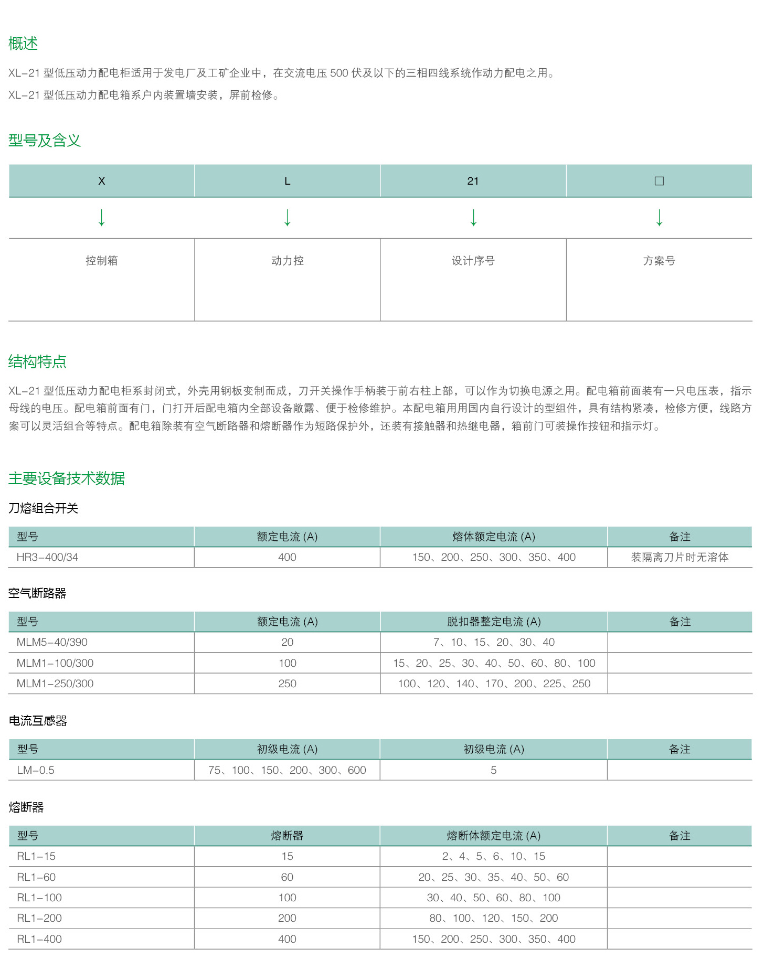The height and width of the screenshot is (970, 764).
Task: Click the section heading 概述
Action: [23, 44]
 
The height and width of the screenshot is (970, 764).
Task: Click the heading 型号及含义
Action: [45, 141]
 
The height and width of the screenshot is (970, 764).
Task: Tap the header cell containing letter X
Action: [102, 181]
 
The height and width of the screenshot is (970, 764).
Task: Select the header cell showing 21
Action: [473, 181]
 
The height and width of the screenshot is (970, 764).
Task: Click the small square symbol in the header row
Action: [659, 181]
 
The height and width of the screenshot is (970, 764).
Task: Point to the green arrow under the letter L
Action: [288, 217]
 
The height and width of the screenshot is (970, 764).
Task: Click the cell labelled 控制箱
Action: [102, 261]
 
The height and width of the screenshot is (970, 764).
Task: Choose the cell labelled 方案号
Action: [659, 261]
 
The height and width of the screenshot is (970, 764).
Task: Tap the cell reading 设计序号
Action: [473, 261]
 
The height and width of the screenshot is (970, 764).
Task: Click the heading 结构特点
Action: [37, 361]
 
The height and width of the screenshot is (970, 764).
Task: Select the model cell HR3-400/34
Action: [47, 557]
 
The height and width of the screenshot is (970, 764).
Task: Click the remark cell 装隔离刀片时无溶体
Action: [680, 557]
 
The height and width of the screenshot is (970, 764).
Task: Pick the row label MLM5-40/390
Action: [52, 642]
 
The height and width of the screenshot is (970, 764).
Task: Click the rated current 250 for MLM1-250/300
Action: [287, 684]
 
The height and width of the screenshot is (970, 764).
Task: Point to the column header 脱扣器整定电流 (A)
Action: [494, 622]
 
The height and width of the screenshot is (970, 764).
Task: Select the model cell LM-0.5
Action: [36, 770]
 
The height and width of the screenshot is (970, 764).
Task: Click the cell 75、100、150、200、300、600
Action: [287, 770]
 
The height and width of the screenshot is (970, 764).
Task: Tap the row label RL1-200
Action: [39, 918]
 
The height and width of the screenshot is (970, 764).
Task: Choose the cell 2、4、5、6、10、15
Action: [494, 856]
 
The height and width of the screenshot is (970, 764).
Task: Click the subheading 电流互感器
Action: [38, 721]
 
